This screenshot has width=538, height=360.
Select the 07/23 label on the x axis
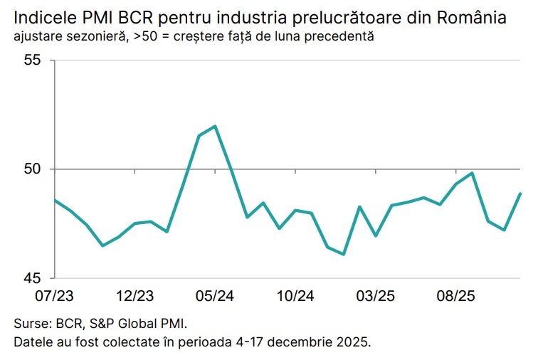pyautogui.click(x=55, y=295)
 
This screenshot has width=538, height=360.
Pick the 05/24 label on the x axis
pyautogui.click(x=216, y=295)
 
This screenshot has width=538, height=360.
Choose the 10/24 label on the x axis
pyautogui.click(x=296, y=295)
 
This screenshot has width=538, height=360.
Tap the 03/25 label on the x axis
pyautogui.click(x=376, y=295)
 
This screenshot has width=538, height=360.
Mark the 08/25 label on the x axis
pyautogui.click(x=457, y=295)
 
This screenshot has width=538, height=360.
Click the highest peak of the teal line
pyautogui.click(x=215, y=126)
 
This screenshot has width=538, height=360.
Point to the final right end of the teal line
pyautogui.click(x=521, y=194)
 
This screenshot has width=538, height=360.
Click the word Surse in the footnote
pyautogui.click(x=30, y=323)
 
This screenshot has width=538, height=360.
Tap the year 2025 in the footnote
pyautogui.click(x=354, y=342)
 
